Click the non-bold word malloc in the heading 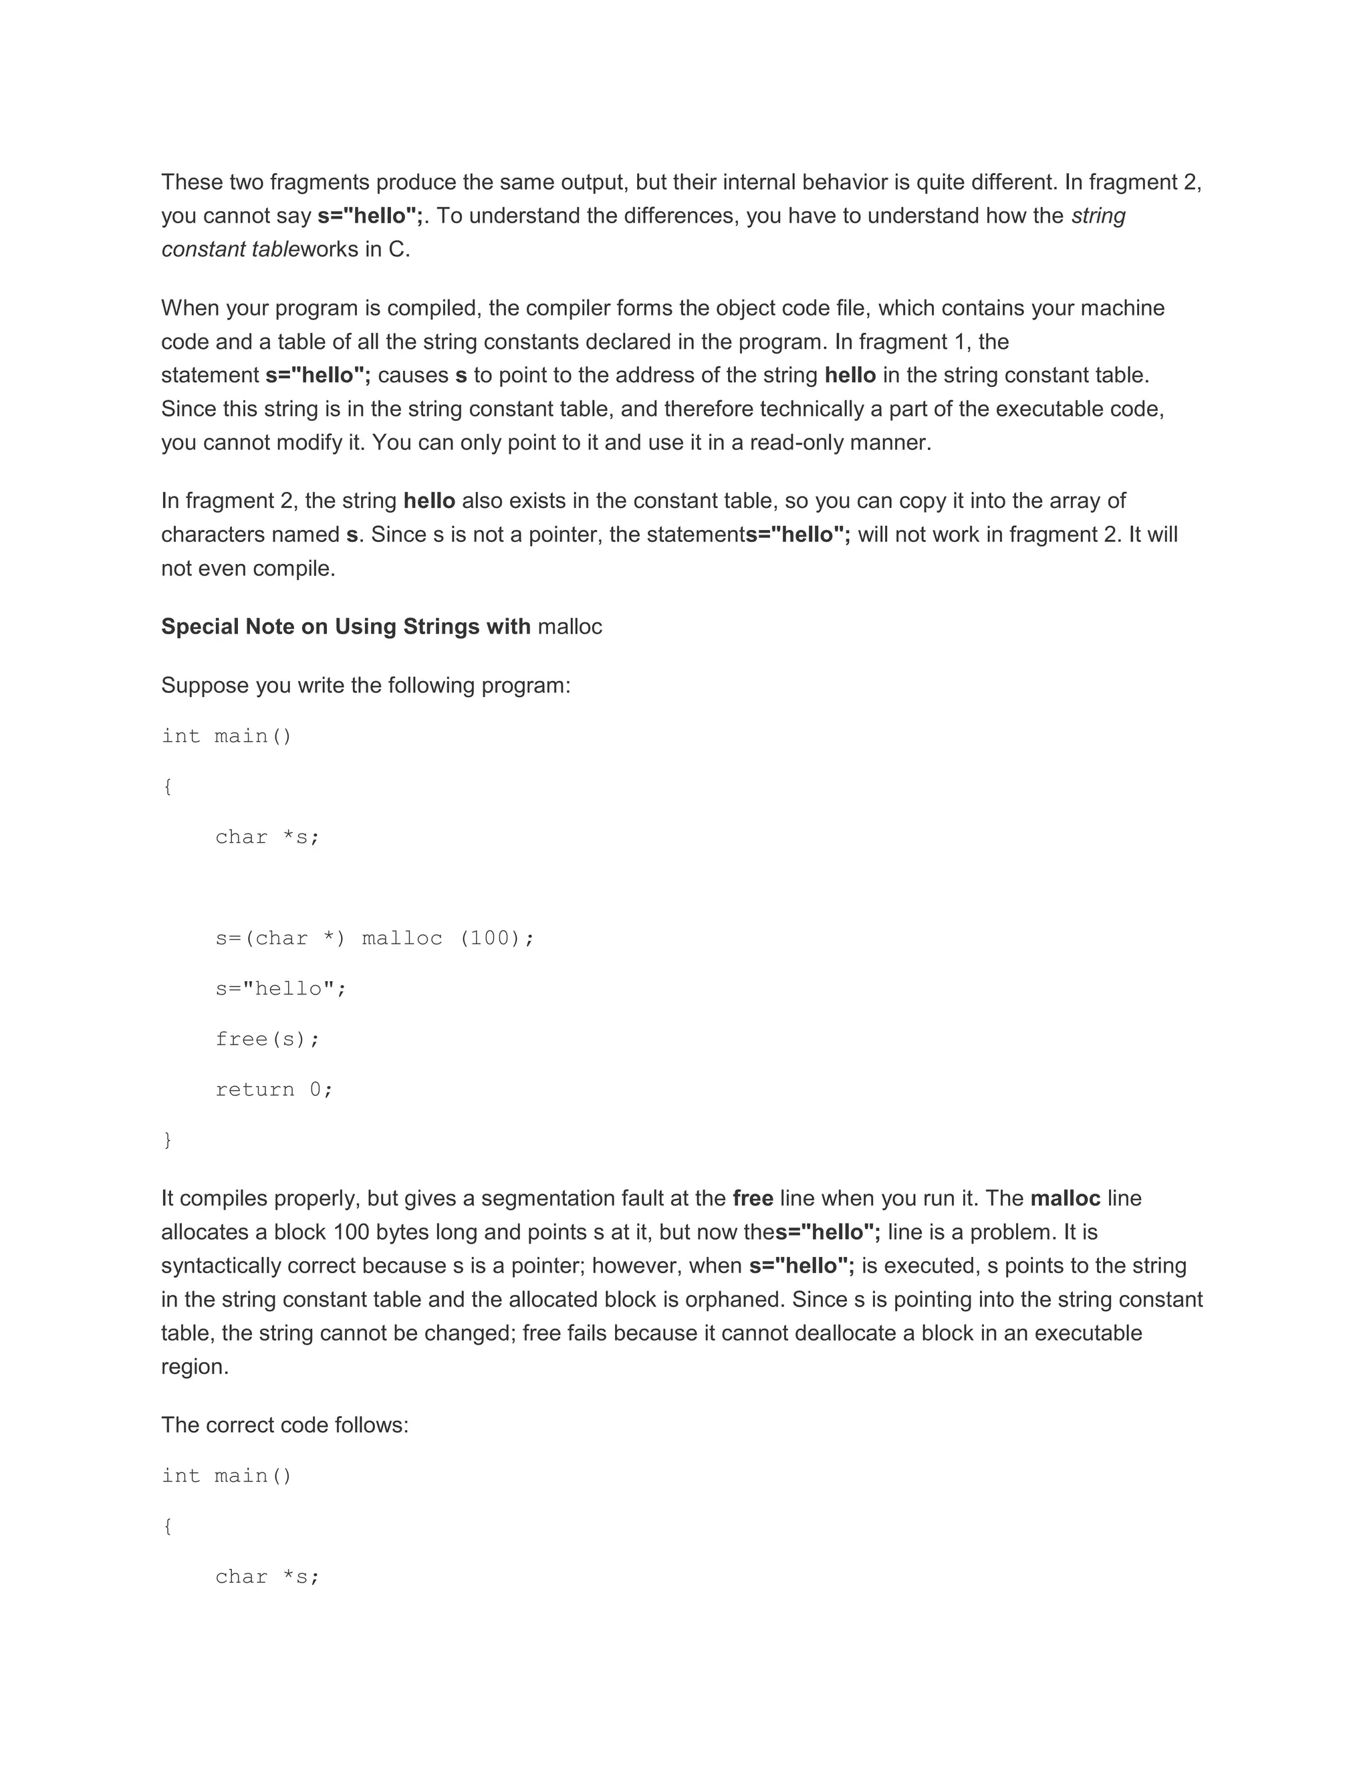point(570,627)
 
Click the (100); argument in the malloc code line point(497,938)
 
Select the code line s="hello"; point(281,988)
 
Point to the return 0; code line point(274,1089)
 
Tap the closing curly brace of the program point(167,1140)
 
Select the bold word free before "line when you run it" point(753,1198)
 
